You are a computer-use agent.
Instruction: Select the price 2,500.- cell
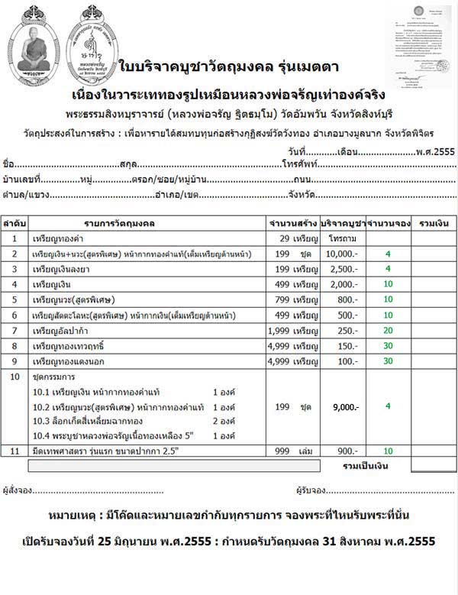tap(344, 269)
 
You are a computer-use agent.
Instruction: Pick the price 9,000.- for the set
tap(344, 407)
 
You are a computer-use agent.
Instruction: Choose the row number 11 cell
tap(15, 451)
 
